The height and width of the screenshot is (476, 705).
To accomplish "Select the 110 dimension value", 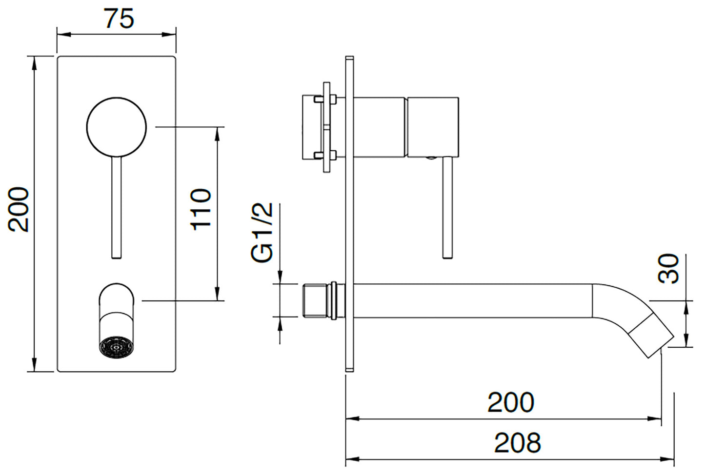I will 201,209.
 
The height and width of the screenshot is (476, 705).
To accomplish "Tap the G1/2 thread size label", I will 262,233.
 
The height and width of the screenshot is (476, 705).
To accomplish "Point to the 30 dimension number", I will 668,268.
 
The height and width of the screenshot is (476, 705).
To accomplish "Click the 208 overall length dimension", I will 517,443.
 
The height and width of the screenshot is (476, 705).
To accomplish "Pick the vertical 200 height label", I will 20,209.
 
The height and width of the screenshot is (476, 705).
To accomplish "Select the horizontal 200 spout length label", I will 510,402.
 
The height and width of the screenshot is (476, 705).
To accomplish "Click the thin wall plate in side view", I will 349,215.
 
